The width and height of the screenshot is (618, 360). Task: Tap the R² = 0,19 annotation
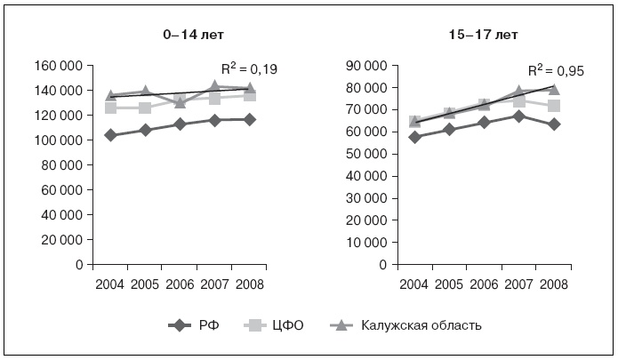(250, 68)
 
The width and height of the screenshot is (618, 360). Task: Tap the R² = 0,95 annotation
(556, 71)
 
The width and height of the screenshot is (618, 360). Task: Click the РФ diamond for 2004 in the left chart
(110, 135)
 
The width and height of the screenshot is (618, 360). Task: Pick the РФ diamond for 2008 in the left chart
(250, 119)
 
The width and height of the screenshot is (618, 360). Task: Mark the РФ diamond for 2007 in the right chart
(518, 116)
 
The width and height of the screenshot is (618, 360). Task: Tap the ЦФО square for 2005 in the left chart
(145, 108)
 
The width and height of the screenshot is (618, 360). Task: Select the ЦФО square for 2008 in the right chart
(553, 106)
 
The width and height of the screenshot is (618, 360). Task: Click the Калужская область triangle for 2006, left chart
(181, 102)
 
